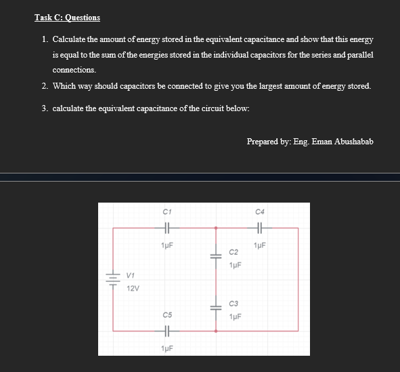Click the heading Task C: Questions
67,17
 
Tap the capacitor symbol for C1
166,228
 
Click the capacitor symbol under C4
260,228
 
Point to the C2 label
234,252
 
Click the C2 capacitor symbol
216,257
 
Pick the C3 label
234,304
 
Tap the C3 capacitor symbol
216,308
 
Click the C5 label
166,315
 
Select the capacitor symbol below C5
166,331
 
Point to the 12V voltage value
133,289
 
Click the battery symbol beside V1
112,279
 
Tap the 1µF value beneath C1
166,244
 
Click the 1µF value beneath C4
260,244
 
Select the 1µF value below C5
166,348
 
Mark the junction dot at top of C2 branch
216,228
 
